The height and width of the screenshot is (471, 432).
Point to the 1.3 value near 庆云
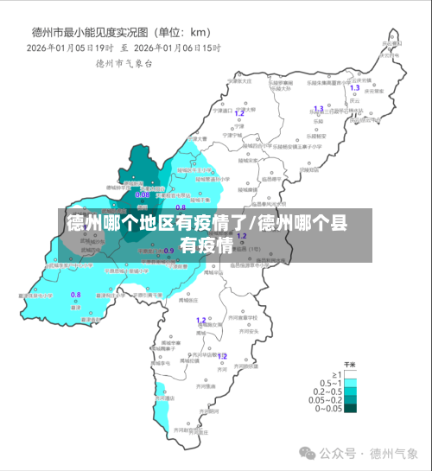point(354,88)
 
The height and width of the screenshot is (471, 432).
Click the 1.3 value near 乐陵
point(318,109)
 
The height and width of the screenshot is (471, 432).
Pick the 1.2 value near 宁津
point(239,112)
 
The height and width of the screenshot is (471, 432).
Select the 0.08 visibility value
point(143,194)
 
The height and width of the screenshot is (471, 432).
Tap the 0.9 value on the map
point(169,251)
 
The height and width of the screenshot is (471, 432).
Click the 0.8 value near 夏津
point(75,295)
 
